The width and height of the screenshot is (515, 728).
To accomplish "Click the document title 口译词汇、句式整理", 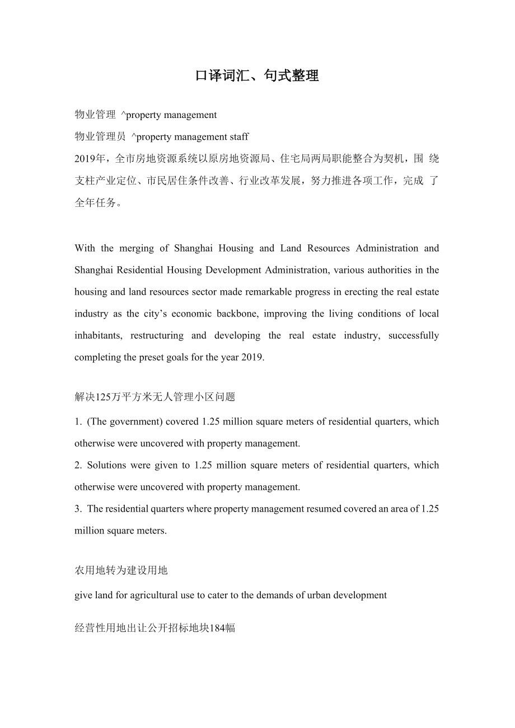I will (257, 76).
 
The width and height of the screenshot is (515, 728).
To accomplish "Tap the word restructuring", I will (157, 335).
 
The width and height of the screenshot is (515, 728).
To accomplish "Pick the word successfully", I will (414, 335).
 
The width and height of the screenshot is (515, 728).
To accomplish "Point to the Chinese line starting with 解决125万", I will (154, 397).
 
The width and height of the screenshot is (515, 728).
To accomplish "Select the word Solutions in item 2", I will (107, 465).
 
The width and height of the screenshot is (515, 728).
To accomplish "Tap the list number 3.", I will (77, 509).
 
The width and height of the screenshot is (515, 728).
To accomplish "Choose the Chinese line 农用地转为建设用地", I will (121, 570).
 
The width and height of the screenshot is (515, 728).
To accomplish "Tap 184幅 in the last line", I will (222, 628).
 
